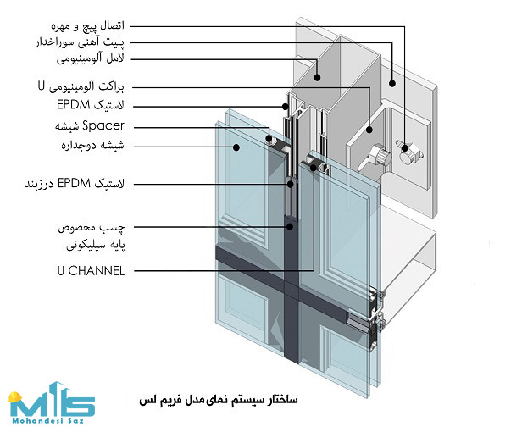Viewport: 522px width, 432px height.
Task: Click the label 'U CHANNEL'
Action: click(91, 271)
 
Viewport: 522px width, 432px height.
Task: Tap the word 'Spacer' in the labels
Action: click(103, 125)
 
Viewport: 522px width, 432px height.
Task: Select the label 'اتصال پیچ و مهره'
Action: click(87, 26)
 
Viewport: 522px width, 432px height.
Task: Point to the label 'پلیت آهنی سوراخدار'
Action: click(80, 42)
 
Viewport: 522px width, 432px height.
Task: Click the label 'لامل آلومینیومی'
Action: click(90, 59)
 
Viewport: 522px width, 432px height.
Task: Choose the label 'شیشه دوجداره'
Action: click(92, 146)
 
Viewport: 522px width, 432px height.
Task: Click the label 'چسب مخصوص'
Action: click(92, 228)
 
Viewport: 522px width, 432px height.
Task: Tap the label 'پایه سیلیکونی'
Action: click(96, 246)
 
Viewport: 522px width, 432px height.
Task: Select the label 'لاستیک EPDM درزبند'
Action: click(75, 184)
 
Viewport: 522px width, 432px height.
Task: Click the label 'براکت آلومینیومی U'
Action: click(81, 87)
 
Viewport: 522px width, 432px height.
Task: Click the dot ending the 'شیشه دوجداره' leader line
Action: click(236, 147)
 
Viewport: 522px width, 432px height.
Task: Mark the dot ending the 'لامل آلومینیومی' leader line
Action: click(317, 78)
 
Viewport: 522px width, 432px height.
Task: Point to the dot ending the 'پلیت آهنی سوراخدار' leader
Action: click(392, 84)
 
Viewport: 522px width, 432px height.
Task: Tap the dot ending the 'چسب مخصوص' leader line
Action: click(290, 227)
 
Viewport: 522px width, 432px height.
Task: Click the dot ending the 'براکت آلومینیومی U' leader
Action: click(369, 130)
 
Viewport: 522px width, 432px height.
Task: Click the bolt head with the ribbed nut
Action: click(380, 155)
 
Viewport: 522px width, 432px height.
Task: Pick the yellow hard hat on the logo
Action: click(15, 397)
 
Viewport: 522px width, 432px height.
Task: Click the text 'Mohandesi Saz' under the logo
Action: click(47, 421)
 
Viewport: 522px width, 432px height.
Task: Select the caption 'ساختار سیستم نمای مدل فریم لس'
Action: click(219, 400)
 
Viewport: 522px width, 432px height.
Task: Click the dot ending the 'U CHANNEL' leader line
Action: click(314, 168)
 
